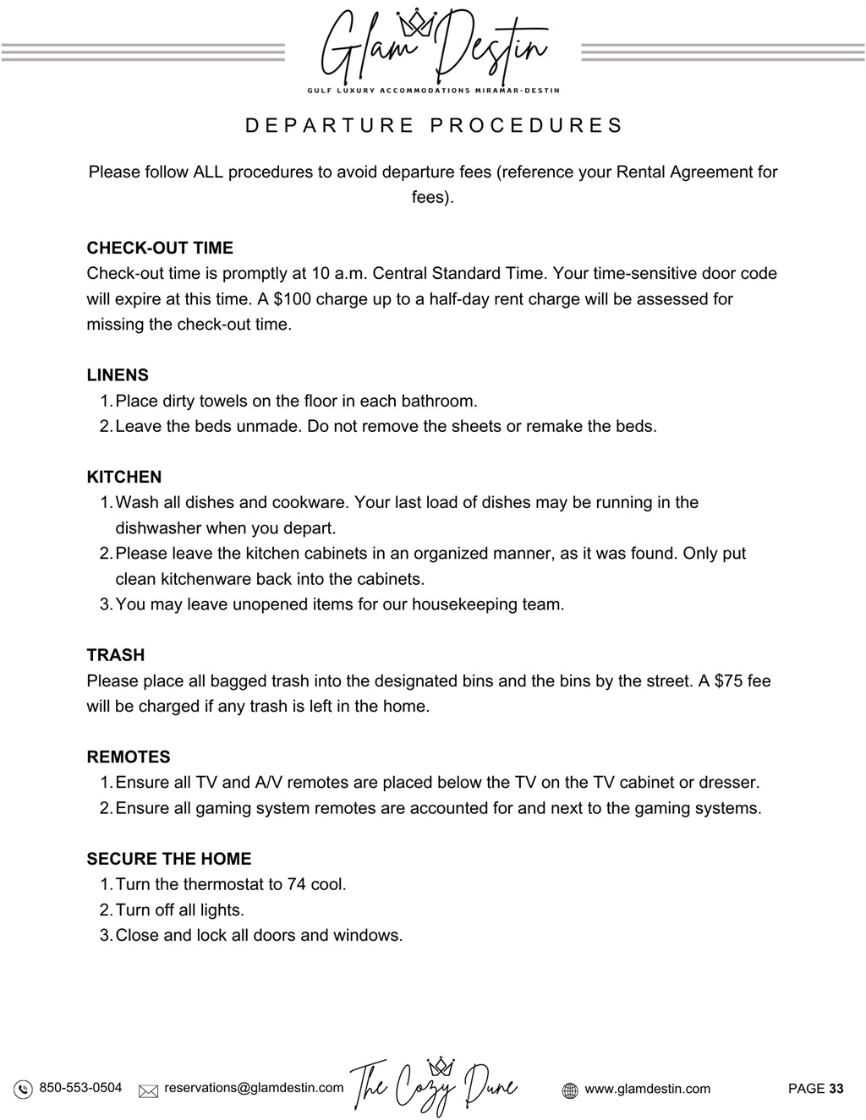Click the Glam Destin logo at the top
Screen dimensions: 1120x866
[433, 46]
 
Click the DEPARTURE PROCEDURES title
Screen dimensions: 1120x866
[433, 126]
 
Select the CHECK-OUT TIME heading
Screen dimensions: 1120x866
[160, 248]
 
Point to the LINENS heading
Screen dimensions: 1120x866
[118, 375]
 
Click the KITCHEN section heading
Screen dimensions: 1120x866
[124, 477]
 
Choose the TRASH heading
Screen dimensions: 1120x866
[116, 655]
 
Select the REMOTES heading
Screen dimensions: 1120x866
[129, 757]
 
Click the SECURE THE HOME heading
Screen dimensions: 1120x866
[169, 859]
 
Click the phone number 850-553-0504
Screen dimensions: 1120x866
[80, 1088]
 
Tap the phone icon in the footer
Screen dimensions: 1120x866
[24, 1090]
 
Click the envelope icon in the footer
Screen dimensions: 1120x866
[149, 1090]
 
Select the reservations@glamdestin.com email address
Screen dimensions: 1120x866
[254, 1088]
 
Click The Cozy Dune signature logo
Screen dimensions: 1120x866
[434, 1086]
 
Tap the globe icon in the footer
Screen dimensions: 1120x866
[571, 1090]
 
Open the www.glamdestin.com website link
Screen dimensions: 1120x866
[648, 1089]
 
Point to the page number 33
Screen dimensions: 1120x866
[836, 1089]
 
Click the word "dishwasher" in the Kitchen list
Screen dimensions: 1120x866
[160, 528]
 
